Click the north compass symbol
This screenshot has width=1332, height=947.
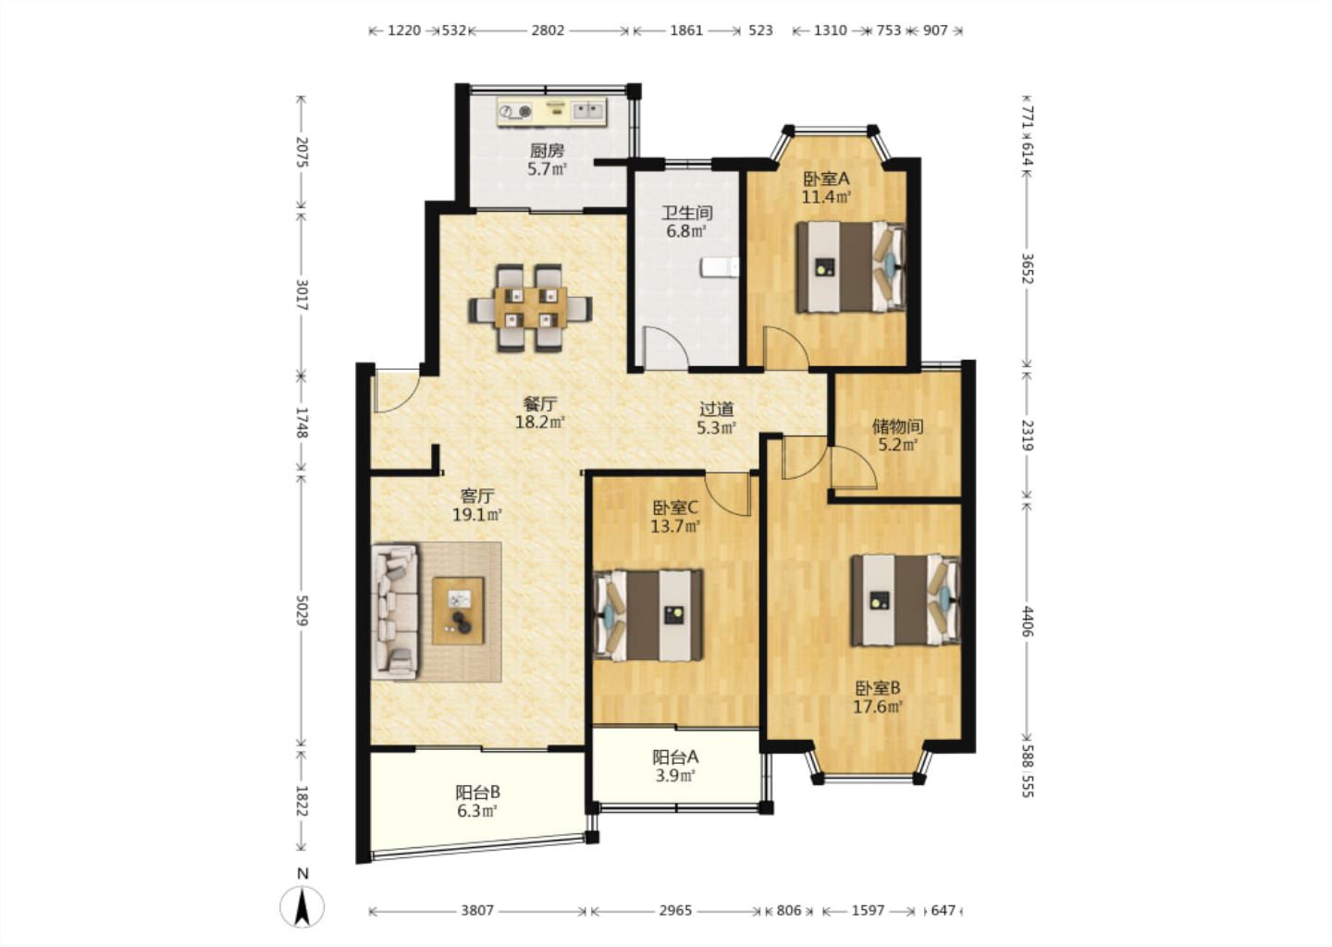302,907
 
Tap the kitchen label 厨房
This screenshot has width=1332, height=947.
547,151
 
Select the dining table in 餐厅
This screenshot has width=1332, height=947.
530,307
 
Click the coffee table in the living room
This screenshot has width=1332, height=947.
458,610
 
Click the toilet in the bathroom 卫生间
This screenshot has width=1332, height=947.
720,267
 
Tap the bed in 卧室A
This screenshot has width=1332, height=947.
851,267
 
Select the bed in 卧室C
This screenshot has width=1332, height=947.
648,615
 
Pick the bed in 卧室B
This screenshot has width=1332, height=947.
906,600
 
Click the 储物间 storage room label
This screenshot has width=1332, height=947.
897,426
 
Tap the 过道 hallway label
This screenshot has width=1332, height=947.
717,409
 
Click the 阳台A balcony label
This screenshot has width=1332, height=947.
675,756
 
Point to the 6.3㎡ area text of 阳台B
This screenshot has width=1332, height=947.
477,810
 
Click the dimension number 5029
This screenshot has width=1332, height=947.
302,610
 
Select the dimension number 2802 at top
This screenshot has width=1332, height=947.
548,31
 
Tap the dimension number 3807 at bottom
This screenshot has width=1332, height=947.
477,910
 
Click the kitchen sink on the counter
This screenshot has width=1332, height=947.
588,111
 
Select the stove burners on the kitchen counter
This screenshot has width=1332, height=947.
515,112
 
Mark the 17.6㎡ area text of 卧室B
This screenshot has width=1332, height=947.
879,707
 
